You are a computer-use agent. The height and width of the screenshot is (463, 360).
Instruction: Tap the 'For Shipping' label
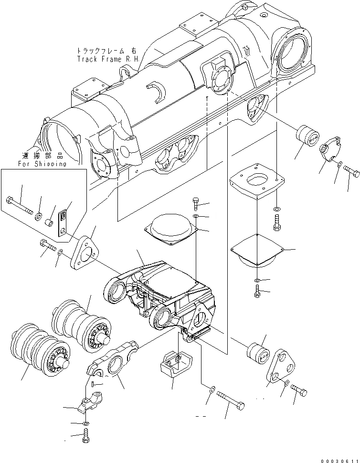tap(42, 164)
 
